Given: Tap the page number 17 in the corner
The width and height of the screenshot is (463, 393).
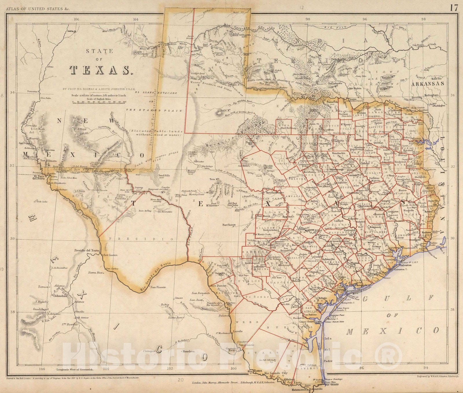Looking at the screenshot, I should (454, 8).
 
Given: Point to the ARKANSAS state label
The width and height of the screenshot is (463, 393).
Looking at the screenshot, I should (428, 83).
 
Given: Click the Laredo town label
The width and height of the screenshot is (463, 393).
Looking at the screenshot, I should (237, 331).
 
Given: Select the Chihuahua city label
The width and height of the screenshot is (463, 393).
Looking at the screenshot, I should (60, 296).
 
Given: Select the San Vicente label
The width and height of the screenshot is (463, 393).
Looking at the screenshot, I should (158, 287).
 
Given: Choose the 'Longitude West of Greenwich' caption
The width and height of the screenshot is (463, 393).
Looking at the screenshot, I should (71, 370).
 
